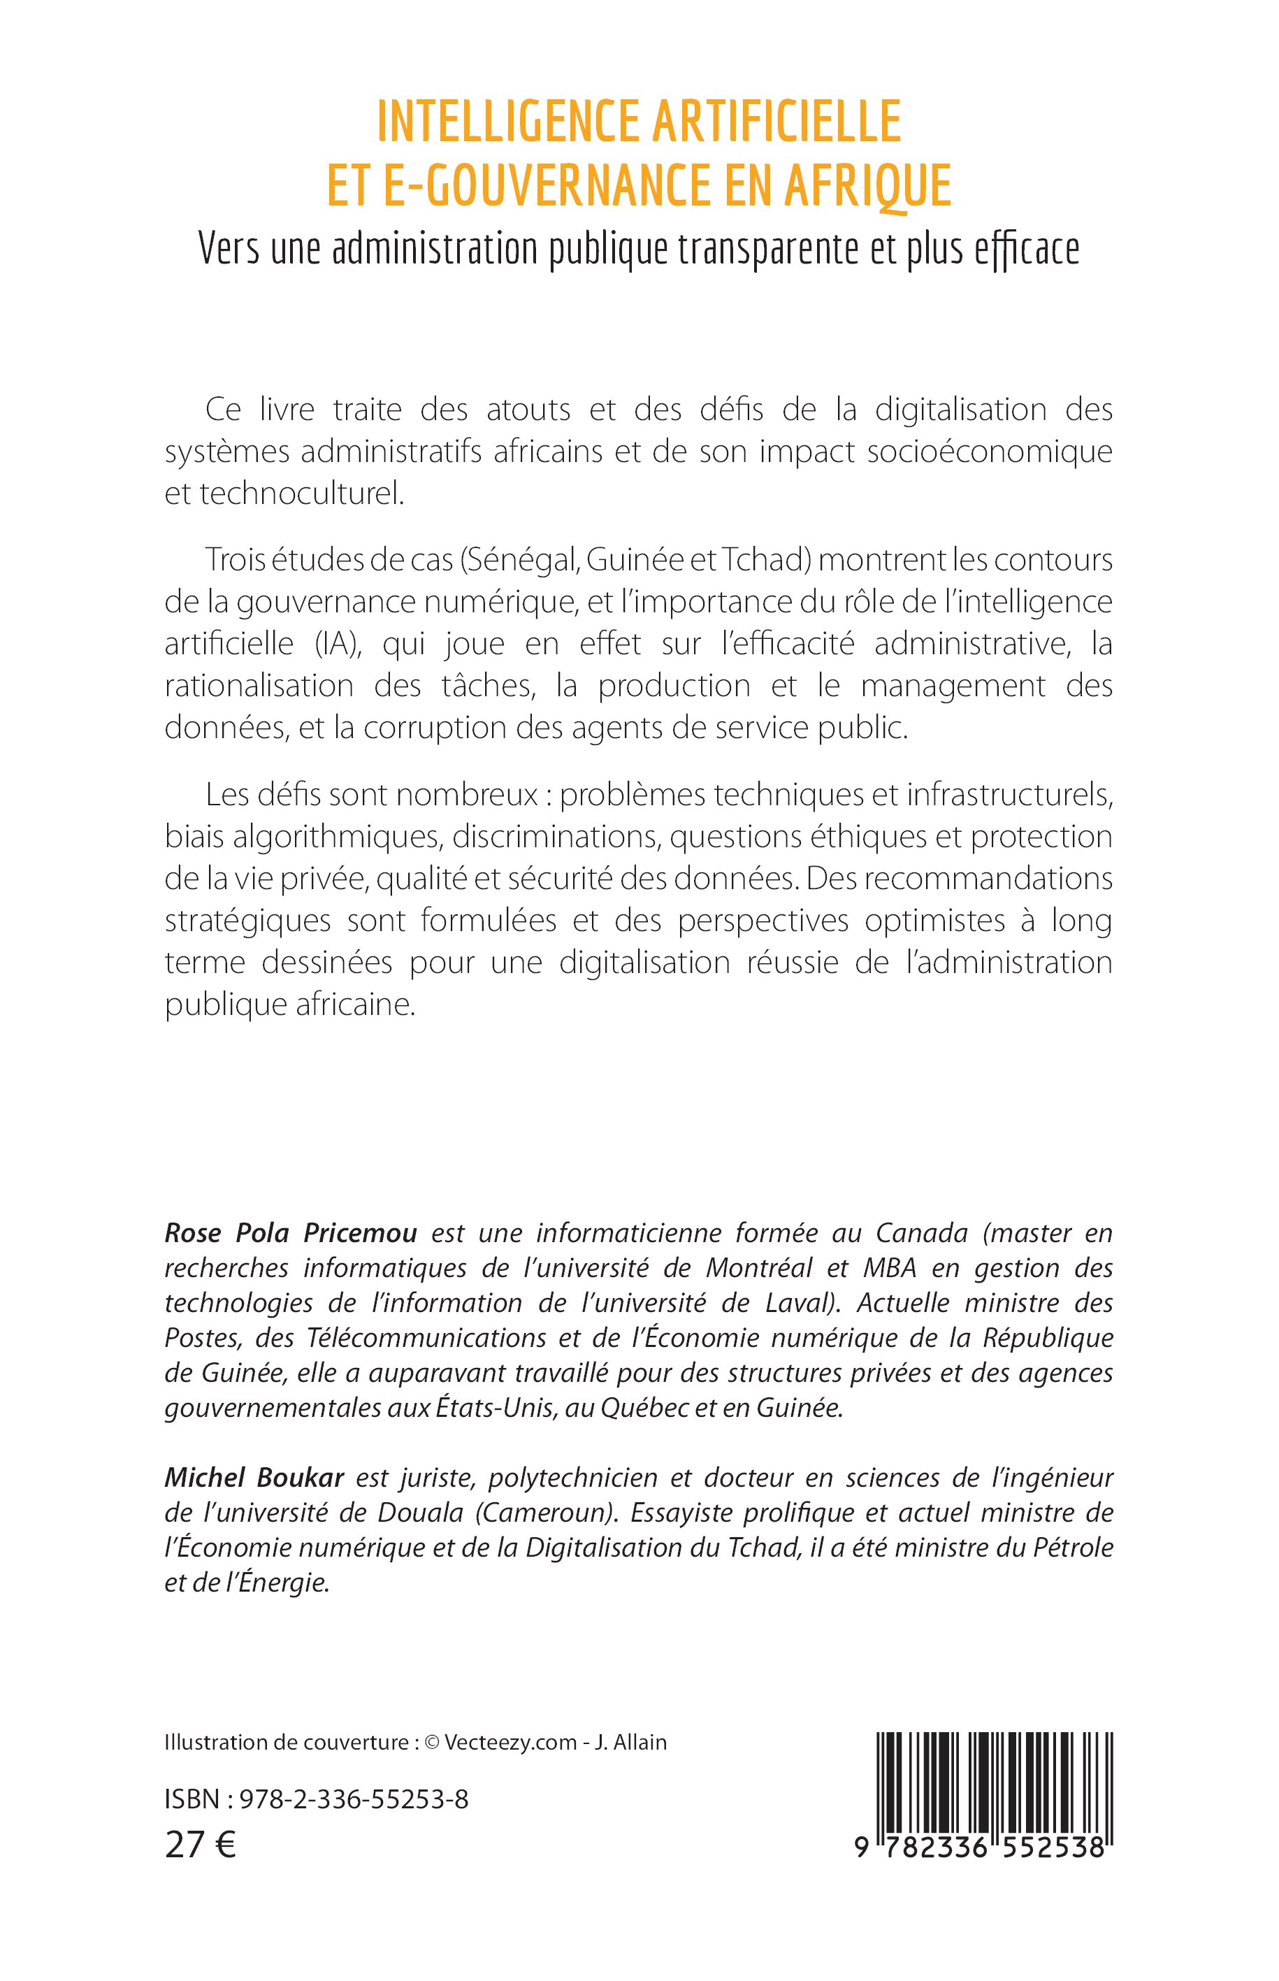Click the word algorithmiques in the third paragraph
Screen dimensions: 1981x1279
(x=340, y=837)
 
